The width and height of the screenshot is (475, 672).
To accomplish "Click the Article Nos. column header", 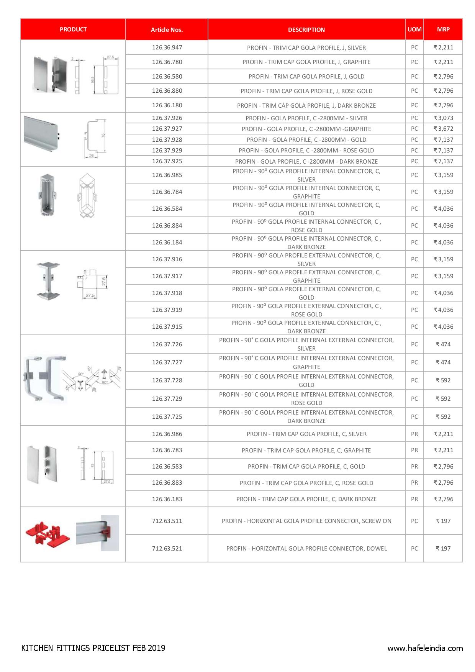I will coord(167,30).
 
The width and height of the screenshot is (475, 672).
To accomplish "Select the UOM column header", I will coord(414,29).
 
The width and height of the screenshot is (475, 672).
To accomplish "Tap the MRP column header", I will coord(443,29).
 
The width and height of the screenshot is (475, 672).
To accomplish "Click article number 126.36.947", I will coord(167,48).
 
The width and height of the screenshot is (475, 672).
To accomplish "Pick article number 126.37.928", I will coord(167,139).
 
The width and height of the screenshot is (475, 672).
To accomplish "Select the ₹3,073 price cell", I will coord(443,118).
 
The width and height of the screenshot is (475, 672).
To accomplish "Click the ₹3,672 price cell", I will coord(443,129).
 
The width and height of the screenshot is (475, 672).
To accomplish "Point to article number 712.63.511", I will coord(167,521).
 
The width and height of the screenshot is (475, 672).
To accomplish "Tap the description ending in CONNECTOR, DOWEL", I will coord(306,548).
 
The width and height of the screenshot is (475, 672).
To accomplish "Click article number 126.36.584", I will coord(167,208).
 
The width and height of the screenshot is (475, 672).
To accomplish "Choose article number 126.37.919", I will coord(167,310).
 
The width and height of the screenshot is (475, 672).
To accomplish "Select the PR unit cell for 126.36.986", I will coord(414,434).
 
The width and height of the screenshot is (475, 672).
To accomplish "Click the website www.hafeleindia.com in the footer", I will coord(425,648).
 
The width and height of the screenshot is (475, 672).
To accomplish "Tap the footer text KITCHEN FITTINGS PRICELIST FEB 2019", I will coord(93,648).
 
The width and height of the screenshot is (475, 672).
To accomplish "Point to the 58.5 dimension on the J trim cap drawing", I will coord(92,80).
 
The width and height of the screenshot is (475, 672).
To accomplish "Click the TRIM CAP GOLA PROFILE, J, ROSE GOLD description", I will coord(306,91).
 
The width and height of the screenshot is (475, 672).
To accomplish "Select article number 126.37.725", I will coord(167,416).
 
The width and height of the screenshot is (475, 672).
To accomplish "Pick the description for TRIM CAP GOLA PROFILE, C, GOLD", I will coord(306,466).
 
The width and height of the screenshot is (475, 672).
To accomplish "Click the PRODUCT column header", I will coord(73,29).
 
